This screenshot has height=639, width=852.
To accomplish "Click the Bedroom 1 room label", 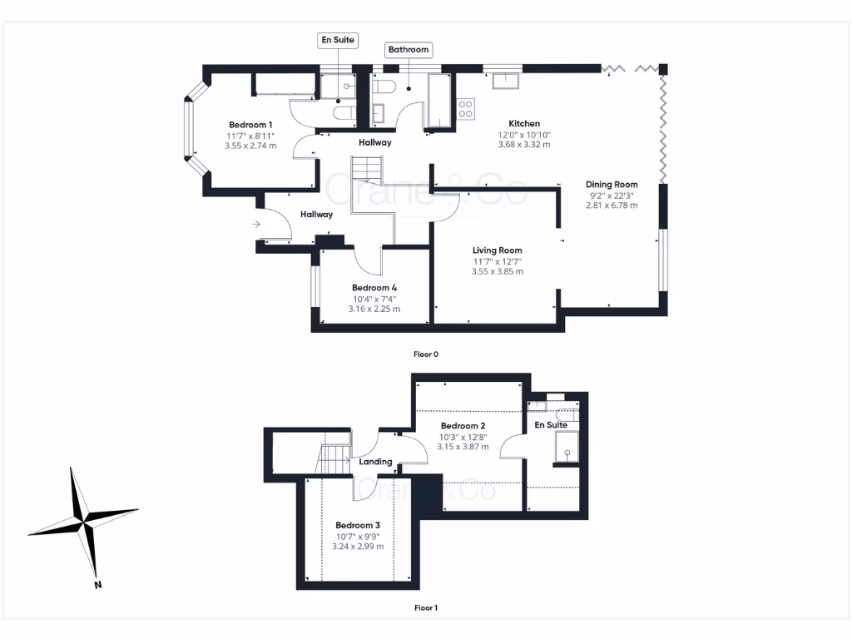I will coord(250,125).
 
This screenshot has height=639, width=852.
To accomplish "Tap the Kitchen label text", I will coord(524,124).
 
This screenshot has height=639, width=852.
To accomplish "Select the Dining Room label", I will coord(611,185).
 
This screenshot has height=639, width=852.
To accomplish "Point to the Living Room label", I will coord(497,250).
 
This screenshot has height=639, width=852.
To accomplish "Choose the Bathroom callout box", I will coord(408,50).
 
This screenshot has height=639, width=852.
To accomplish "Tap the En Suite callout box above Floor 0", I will coord(338,40).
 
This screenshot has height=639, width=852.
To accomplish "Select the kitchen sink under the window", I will coord(504,80).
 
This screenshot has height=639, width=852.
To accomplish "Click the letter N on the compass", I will coord(97,585).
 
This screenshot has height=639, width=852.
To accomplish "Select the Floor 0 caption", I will coord(426,354).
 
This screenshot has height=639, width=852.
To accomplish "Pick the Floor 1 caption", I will coord(426,608).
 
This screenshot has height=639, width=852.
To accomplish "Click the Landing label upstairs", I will coord(375,462).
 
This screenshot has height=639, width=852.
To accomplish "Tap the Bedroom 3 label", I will coord(358,526).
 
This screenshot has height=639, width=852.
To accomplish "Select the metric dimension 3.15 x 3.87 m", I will coord(463,446).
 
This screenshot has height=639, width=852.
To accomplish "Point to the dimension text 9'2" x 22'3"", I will coord(611,196).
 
